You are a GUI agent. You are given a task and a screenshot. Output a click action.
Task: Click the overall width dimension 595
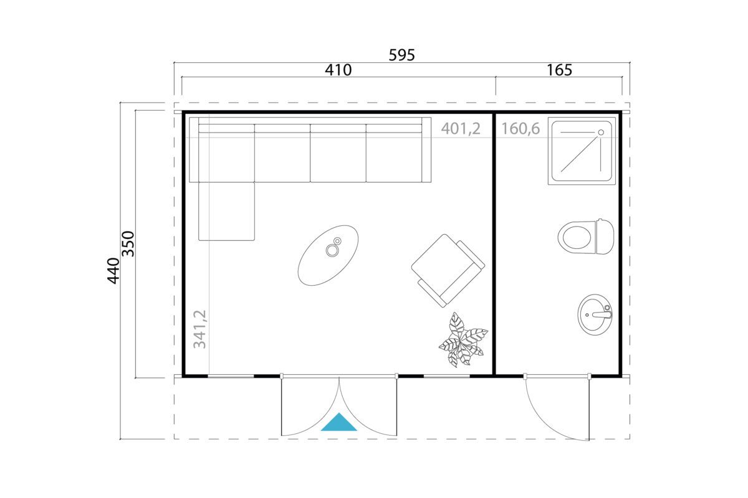coord(401,55)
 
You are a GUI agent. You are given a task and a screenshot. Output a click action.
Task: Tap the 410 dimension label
coord(338,70)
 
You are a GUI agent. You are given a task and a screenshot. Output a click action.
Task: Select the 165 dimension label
coord(559,70)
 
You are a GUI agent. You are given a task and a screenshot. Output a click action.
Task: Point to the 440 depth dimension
coord(113,271)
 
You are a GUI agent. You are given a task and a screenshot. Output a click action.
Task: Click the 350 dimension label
coord(128,244)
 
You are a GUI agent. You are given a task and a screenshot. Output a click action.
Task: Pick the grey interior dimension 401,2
coord(461,129)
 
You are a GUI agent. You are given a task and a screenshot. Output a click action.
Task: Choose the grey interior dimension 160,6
coord(520,129)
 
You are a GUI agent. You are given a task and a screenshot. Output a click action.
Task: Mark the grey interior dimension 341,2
coord(200,329)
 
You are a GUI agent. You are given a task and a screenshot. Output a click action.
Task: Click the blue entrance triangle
coord(338,422)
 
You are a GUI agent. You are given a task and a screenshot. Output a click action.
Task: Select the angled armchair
coord(448,271)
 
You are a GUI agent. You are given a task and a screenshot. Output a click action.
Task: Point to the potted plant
coord(463,340)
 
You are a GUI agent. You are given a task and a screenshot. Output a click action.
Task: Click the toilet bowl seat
coord(577,237)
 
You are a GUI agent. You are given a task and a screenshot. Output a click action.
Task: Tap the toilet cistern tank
coord(605,237)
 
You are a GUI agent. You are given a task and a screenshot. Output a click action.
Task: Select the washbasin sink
coord(595,314)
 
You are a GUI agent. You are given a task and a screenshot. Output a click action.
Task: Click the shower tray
coord(582,151)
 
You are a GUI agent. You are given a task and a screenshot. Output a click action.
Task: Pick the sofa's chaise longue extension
coord(226,211)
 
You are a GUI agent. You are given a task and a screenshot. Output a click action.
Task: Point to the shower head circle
coord(601,133)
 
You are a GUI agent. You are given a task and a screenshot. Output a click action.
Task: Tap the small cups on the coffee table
coord(333,247)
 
